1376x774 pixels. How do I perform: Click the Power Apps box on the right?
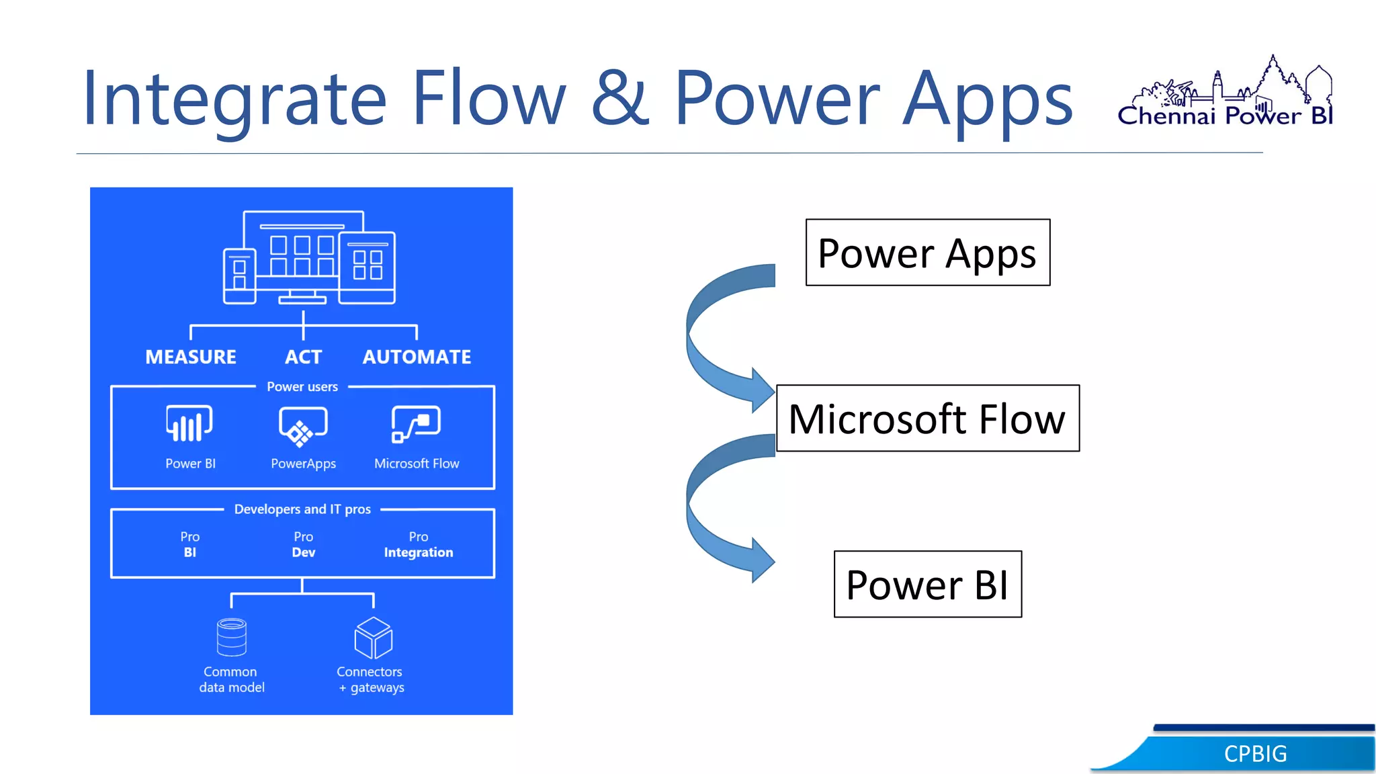(927, 253)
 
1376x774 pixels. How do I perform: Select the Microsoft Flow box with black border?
(927, 418)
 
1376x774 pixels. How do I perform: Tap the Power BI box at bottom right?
(927, 584)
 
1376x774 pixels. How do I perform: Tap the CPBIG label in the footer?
(1255, 754)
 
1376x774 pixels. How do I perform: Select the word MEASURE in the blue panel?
(191, 357)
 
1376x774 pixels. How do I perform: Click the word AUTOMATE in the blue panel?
(417, 357)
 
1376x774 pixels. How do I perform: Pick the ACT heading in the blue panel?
(303, 357)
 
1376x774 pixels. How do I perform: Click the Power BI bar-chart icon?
(189, 424)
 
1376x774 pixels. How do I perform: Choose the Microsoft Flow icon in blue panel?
(416, 424)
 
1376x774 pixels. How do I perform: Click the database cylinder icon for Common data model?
(232, 637)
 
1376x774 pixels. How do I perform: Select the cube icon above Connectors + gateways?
(373, 638)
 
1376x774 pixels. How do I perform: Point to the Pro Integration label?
(418, 545)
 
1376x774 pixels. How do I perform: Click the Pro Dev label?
(303, 545)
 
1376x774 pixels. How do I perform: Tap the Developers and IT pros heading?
(302, 509)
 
